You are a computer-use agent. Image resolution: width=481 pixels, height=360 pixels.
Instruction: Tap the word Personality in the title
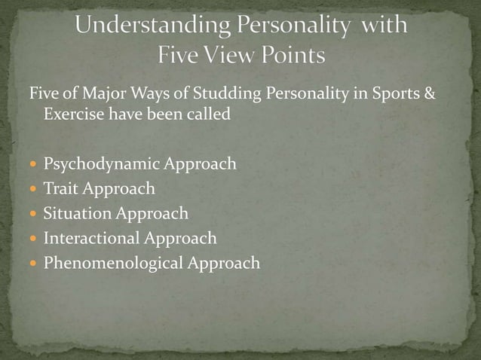(293, 26)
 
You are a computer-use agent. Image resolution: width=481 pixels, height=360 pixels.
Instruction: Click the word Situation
(77, 213)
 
